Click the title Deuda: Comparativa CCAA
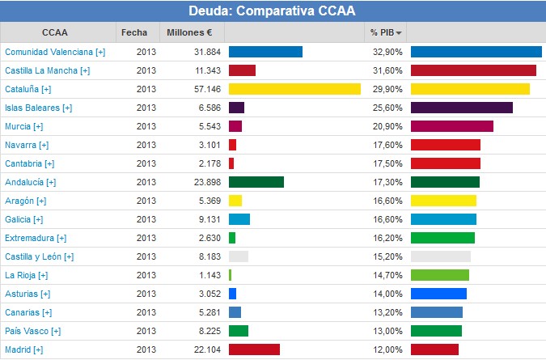272,11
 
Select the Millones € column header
189,32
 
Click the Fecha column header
134,32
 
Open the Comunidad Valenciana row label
55,52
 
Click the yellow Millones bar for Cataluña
294,89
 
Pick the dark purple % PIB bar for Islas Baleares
461,108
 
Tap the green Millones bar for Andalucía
256,182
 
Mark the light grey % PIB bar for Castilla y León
440,256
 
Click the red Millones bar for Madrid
254,349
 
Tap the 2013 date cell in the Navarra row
146,145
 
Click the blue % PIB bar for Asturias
438,294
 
